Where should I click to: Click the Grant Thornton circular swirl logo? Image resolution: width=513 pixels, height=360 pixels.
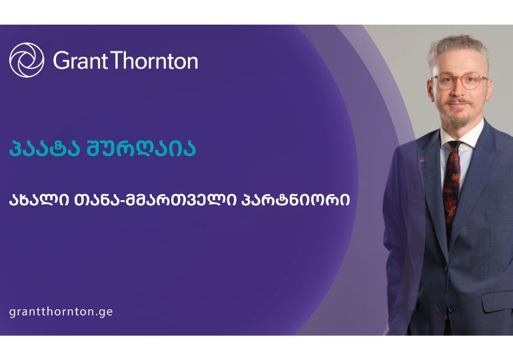click(x=27, y=60)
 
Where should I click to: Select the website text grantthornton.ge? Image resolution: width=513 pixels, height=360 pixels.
click(x=61, y=311)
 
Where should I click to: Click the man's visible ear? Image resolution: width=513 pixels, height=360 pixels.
click(x=429, y=87)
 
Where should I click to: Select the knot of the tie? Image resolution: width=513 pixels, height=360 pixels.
click(x=454, y=148)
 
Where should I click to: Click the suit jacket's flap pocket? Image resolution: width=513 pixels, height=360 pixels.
click(x=496, y=301)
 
